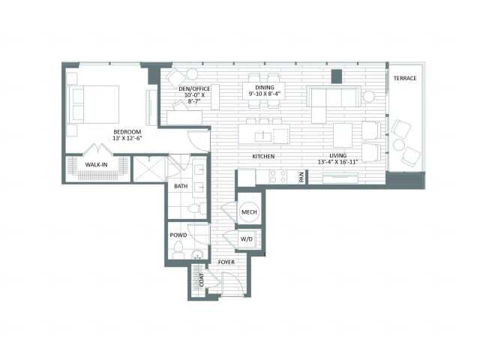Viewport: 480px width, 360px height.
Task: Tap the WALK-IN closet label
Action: [96, 165]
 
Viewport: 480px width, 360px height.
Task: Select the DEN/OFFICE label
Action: [194, 89]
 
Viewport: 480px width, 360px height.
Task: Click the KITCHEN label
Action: [262, 156]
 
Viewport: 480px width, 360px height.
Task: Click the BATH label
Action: [181, 185]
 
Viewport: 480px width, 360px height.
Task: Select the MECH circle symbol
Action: [249, 213]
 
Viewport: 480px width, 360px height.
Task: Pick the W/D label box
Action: [248, 240]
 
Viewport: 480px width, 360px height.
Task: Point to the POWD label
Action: [178, 235]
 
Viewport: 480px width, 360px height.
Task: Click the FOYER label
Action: [226, 262]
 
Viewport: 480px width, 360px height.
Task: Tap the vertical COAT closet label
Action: [201, 279]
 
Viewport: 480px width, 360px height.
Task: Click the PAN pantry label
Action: [301, 178]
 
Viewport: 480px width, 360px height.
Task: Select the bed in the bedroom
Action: [95, 103]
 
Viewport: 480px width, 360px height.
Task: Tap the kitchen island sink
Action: [262, 136]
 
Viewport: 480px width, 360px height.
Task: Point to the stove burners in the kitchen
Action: [277, 177]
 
